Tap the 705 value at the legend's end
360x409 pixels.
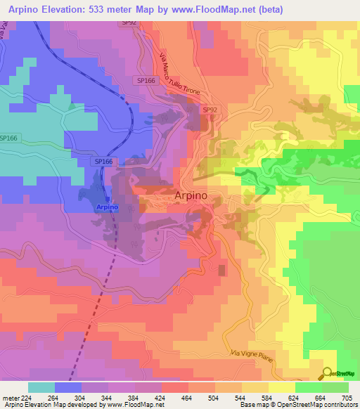pos(347,397)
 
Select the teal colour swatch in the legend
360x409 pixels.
pos(41,387)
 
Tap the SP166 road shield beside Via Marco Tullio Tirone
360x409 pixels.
pos(146,81)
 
